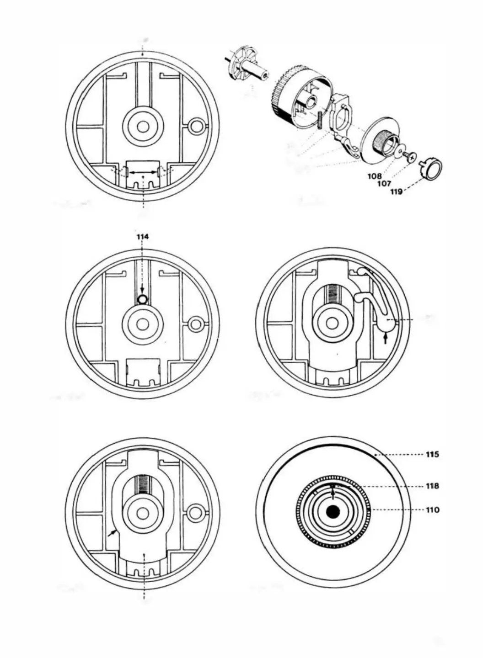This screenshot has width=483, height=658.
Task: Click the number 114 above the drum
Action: pyautogui.click(x=143, y=237)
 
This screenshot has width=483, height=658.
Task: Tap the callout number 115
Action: pyautogui.click(x=432, y=454)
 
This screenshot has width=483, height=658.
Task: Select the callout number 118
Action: pyautogui.click(x=432, y=486)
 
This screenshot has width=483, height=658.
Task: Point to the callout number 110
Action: pyautogui.click(x=432, y=509)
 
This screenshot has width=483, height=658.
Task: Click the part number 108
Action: pyautogui.click(x=375, y=175)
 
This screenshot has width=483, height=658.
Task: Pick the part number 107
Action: pyautogui.click(x=384, y=184)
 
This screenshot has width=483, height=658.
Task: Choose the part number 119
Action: pyautogui.click(x=396, y=192)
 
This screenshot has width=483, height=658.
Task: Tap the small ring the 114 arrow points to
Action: pyautogui.click(x=142, y=299)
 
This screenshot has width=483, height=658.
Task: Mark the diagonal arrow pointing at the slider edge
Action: pyautogui.click(x=112, y=533)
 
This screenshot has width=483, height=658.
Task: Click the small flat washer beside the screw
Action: pyautogui.click(x=401, y=151)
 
